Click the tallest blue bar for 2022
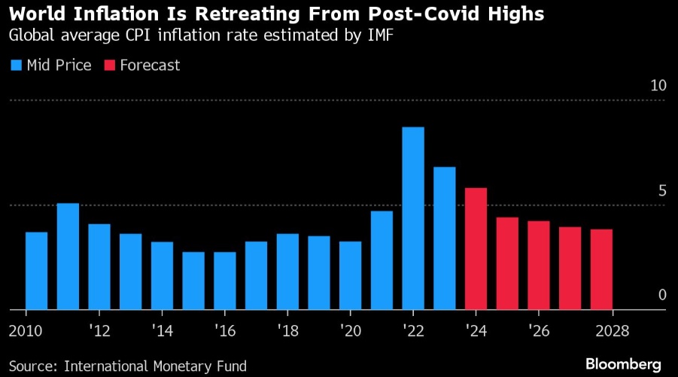click(x=413, y=218)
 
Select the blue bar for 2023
click(x=445, y=238)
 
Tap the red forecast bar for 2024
click(x=476, y=248)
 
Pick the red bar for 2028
click(x=601, y=269)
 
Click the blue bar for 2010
click(x=37, y=271)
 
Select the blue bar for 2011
click(x=68, y=256)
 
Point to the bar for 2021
click(x=382, y=260)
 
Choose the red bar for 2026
click(x=539, y=265)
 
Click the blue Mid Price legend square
click(x=16, y=65)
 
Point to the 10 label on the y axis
click(x=658, y=86)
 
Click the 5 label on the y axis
click(x=662, y=190)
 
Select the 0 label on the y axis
click(x=662, y=295)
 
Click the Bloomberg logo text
click(x=624, y=363)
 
